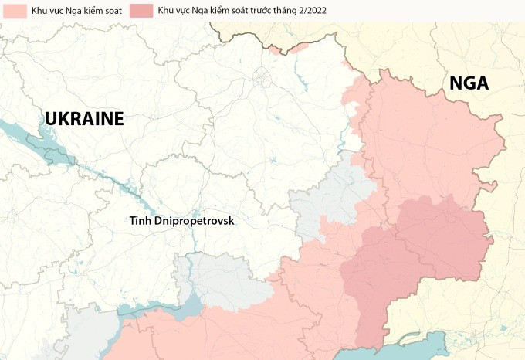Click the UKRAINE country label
(84, 119)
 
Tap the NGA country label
(469, 83)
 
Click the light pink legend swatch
(15, 11)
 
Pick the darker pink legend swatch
(141, 11)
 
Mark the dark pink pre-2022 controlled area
(417, 247)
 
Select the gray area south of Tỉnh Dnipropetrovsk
(216, 278)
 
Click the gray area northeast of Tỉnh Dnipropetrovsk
(332, 201)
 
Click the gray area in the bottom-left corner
(85, 332)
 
